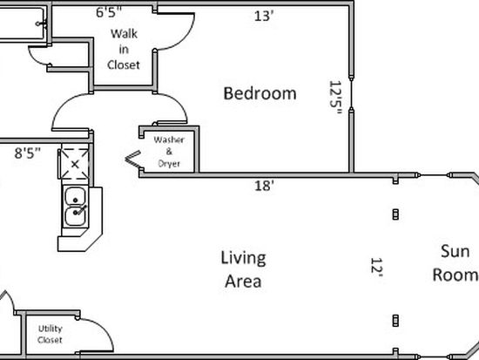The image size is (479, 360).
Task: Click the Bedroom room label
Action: pyautogui.click(x=260, y=93)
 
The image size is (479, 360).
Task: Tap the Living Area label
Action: pyautogui.click(x=243, y=269)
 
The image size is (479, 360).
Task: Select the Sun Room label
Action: pyautogui.click(x=455, y=263)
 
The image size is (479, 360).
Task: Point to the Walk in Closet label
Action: pyautogui.click(x=124, y=49)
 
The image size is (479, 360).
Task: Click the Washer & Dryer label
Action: pyautogui.click(x=169, y=152)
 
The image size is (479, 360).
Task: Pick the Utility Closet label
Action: pyautogui.click(x=51, y=334)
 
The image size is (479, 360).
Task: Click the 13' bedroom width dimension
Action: pyautogui.click(x=263, y=16)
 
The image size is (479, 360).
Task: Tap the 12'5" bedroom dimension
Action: pyautogui.click(x=335, y=98)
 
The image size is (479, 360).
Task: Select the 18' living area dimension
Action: pyautogui.click(x=264, y=186)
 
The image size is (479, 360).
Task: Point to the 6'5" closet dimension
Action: pyautogui.click(x=109, y=12)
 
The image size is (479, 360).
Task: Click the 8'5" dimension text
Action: pyautogui.click(x=28, y=153)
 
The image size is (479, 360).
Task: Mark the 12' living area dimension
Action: pyautogui.click(x=376, y=267)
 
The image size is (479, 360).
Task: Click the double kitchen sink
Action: pyautogui.click(x=76, y=207)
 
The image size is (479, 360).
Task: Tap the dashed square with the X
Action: pyautogui.click(x=75, y=164)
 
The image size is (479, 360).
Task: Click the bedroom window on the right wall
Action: pyautogui.click(x=351, y=93)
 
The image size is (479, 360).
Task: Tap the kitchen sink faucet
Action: pyautogui.click(x=80, y=210)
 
